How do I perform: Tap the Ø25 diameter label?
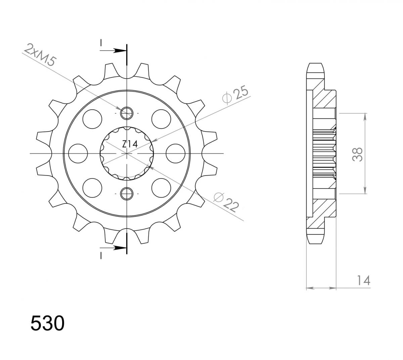click(x=236, y=96)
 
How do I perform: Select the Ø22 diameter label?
click(x=226, y=202)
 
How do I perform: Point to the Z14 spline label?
click(x=129, y=144)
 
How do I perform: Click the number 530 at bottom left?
click(x=47, y=324)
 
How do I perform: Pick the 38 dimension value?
click(x=358, y=154)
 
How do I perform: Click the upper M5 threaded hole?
click(x=127, y=113)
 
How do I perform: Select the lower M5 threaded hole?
click(x=127, y=193)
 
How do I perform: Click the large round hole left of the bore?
click(x=78, y=153)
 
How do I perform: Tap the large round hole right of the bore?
click(x=176, y=153)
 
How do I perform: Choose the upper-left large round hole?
click(x=92, y=119)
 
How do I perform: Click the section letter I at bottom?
click(x=100, y=256)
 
